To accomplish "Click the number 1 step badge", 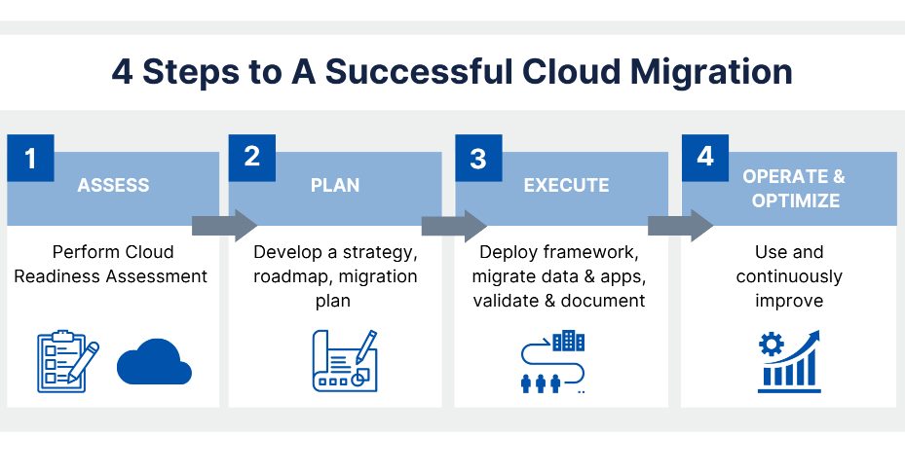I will tap(30, 159).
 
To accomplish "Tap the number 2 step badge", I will tap(252, 157).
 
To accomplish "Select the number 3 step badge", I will tap(478, 159).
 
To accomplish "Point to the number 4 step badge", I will tap(705, 157).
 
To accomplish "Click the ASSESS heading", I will tap(113, 185).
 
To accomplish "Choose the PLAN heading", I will tap(335, 185).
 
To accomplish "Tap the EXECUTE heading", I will tap(566, 185).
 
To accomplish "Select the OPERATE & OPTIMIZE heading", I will tap(794, 188).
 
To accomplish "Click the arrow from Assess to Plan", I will tap(224, 226).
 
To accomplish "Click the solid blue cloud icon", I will tap(154, 363).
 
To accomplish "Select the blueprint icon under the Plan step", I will tap(345, 361).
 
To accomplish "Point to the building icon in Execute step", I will tap(568, 342).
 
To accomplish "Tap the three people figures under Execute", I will tap(542, 382).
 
